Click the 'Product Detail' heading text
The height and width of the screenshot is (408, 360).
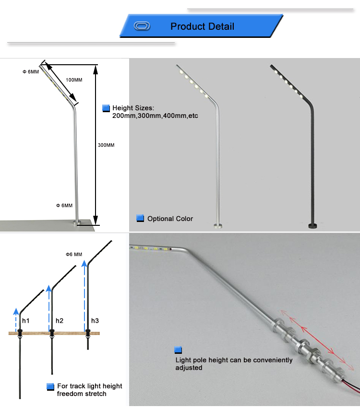pyautogui.click(x=202, y=26)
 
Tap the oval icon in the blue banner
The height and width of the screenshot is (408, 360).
pyautogui.click(x=142, y=26)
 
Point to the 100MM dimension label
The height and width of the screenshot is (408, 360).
pyautogui.click(x=74, y=80)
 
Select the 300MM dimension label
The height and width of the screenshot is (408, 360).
pyautogui.click(x=106, y=145)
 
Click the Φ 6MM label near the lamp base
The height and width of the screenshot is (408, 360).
pyautogui.click(x=64, y=206)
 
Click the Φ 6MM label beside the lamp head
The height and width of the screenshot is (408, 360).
pyautogui.click(x=31, y=72)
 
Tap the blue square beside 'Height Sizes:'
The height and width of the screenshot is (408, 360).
pyautogui.click(x=106, y=108)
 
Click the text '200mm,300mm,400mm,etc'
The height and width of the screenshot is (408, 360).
pyautogui.click(x=155, y=116)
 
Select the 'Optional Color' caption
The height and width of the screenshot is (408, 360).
pyautogui.click(x=170, y=219)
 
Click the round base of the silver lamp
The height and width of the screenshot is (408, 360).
pyautogui.click(x=218, y=226)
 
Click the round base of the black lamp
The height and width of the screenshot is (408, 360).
pyautogui.click(x=313, y=226)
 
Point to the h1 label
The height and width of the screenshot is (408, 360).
pyautogui.click(x=25, y=321)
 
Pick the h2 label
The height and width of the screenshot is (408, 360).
pyautogui.click(x=60, y=321)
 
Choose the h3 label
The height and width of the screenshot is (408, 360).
pyautogui.click(x=95, y=321)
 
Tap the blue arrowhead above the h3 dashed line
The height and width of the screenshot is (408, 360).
pyautogui.click(x=84, y=264)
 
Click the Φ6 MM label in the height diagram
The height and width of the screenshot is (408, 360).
pyautogui.click(x=74, y=254)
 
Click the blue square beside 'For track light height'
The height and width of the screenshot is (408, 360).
pyautogui.click(x=50, y=386)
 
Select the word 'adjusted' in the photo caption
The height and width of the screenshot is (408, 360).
pyautogui.click(x=189, y=368)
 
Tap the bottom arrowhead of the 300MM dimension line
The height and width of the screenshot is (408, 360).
pyautogui.click(x=96, y=220)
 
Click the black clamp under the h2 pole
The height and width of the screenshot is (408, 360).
pyautogui.click(x=52, y=333)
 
